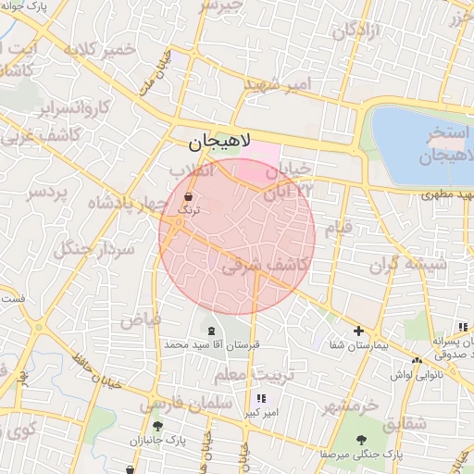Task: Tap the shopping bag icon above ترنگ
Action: [x=190, y=196]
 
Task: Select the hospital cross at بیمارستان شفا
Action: [x=358, y=331]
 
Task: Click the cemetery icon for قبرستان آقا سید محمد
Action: [x=212, y=331]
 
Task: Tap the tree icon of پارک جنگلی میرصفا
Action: [x=361, y=441]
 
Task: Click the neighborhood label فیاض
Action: [x=140, y=319]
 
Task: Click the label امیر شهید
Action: [x=278, y=85]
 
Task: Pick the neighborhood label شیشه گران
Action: [x=408, y=266]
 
